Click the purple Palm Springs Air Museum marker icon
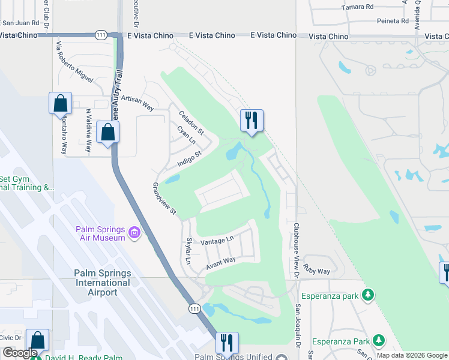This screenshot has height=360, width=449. (x=134, y=232)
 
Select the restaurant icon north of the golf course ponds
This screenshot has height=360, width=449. (x=252, y=121)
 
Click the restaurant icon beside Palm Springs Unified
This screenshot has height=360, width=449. (x=227, y=343)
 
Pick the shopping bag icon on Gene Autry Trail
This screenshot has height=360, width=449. (x=107, y=132)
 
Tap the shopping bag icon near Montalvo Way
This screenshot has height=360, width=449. (x=61, y=103)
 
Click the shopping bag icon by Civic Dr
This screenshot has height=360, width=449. (x=37, y=340)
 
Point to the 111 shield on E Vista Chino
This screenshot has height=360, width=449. (x=101, y=36)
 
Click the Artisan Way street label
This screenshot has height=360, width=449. (x=137, y=103)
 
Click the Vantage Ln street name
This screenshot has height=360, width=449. (x=217, y=241)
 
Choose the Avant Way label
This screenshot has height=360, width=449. (x=221, y=262)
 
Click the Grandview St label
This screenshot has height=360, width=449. (x=164, y=199)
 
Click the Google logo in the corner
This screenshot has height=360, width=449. (x=20, y=353)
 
